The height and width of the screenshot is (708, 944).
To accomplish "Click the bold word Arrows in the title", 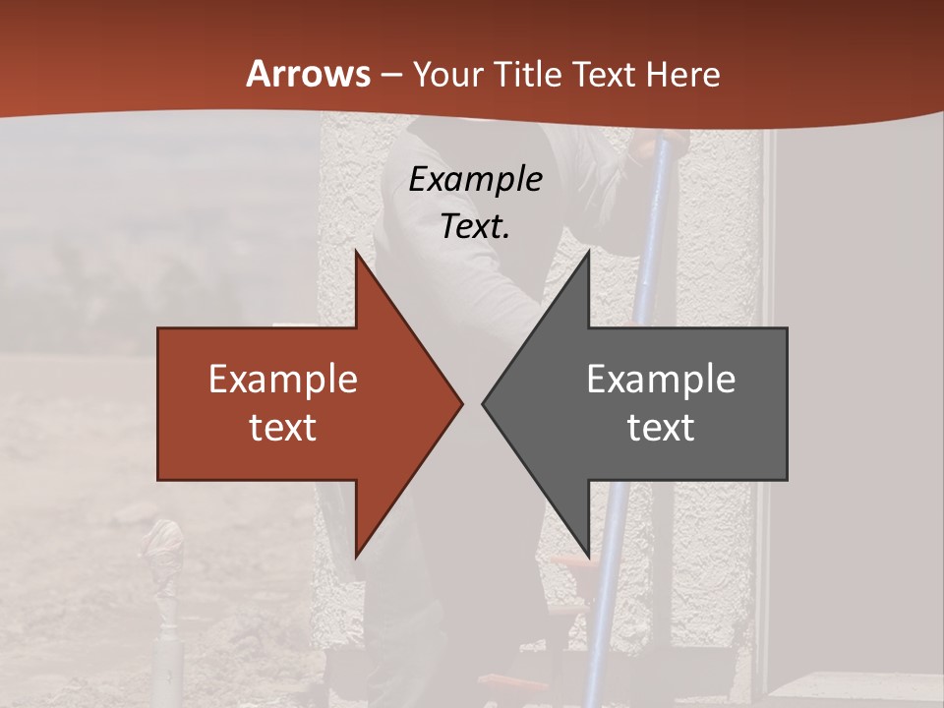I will point(309,74).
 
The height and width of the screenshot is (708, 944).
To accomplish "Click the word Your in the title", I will point(447,75).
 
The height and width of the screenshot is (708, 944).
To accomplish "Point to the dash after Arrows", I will point(390,75).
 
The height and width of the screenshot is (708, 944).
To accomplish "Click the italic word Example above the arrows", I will point(475,179).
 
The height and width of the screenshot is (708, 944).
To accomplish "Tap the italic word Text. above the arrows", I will point(475,226).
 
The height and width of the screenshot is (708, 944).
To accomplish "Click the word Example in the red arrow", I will point(283,379).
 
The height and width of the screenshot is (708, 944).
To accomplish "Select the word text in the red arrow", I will point(283,427).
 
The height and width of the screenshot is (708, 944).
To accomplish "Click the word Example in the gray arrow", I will point(661,379).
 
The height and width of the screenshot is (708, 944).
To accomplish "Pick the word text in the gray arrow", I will point(661,427).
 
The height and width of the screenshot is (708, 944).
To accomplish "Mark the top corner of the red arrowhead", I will point(356,252).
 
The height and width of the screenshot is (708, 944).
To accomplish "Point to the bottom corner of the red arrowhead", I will point(356,557).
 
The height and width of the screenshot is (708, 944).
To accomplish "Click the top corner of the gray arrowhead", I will point(588,252).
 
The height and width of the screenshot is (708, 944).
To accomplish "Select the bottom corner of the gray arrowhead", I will point(588,557).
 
